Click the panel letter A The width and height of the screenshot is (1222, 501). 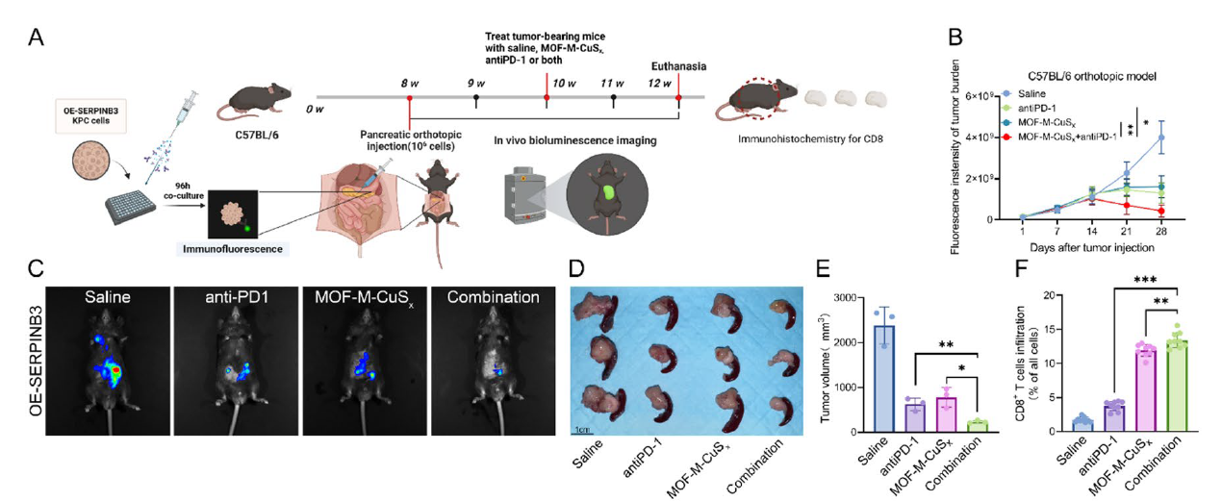click(x=36, y=38)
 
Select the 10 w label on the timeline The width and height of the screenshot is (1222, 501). click(x=565, y=84)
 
